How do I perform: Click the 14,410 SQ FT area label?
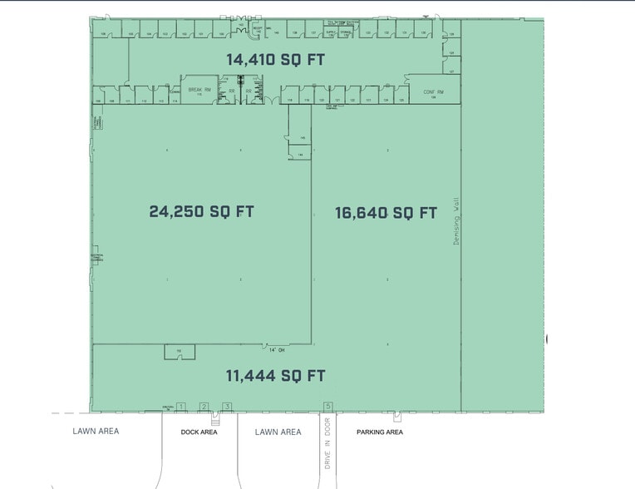tap(276, 59)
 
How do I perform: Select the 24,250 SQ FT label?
tap(201, 211)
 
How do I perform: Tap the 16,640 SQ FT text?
tap(386, 213)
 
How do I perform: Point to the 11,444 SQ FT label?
tap(275, 376)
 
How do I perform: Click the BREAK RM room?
tap(197, 91)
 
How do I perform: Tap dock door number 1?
tap(180, 407)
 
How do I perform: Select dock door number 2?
tap(204, 407)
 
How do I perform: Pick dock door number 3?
tap(226, 407)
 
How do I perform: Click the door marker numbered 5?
tap(328, 407)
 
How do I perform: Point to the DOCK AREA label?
tap(199, 432)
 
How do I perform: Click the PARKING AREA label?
tap(380, 432)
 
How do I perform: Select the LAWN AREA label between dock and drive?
tap(278, 432)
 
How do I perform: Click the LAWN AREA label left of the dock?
tap(96, 431)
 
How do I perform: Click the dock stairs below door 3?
tap(214, 418)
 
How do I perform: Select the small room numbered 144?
tap(299, 153)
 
